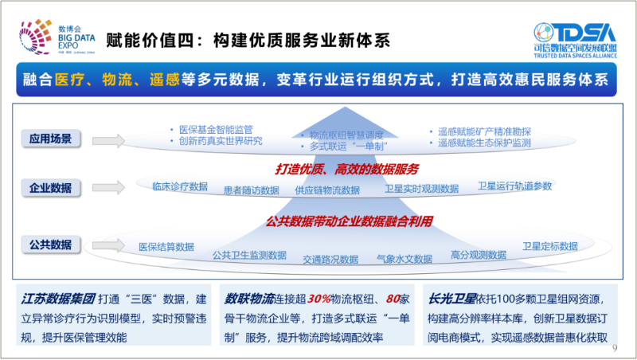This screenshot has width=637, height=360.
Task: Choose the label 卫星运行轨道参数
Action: pyautogui.click(x=514, y=186)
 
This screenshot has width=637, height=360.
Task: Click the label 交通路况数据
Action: pyautogui.click(x=330, y=259)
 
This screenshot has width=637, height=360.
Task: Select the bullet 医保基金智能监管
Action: pyautogui.click(x=216, y=130)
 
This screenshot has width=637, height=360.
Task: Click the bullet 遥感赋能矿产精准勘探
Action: pyautogui.click(x=483, y=131)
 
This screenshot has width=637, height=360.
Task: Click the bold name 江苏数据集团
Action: pyautogui.click(x=58, y=299)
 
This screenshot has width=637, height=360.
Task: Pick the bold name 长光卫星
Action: pyautogui.click(x=452, y=299)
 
